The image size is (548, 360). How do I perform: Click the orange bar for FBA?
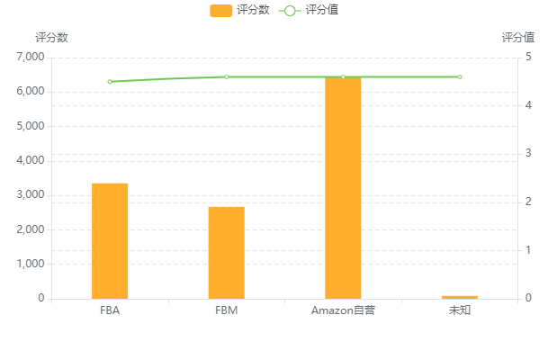(x=110, y=240)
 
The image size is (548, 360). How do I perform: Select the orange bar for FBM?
(x=226, y=252)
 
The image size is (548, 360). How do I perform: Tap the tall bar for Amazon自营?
(x=343, y=187)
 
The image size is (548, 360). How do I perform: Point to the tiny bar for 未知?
(x=459, y=296)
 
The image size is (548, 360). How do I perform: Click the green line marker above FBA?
(x=110, y=82)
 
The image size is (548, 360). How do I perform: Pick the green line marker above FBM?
(x=226, y=76)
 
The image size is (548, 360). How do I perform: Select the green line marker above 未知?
(x=459, y=76)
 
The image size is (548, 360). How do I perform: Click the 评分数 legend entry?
(x=240, y=10)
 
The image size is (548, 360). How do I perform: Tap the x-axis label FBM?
(x=226, y=310)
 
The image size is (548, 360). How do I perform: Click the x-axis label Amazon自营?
(x=343, y=310)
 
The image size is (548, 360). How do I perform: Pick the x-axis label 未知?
(x=459, y=310)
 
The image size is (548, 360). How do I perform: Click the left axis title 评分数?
(x=51, y=38)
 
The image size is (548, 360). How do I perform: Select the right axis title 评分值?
(x=517, y=38)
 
